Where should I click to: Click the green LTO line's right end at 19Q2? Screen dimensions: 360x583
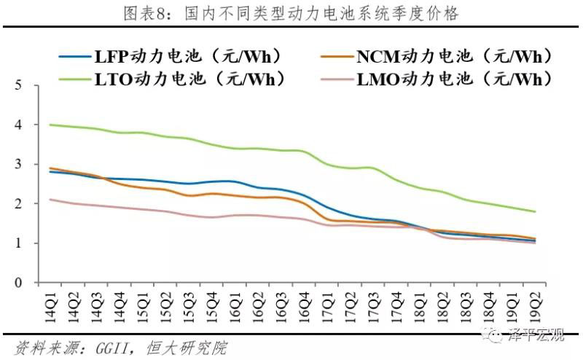click(535, 211)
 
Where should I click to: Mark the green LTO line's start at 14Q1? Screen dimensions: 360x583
click(50, 125)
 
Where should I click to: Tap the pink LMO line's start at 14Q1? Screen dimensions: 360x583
click(50, 199)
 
